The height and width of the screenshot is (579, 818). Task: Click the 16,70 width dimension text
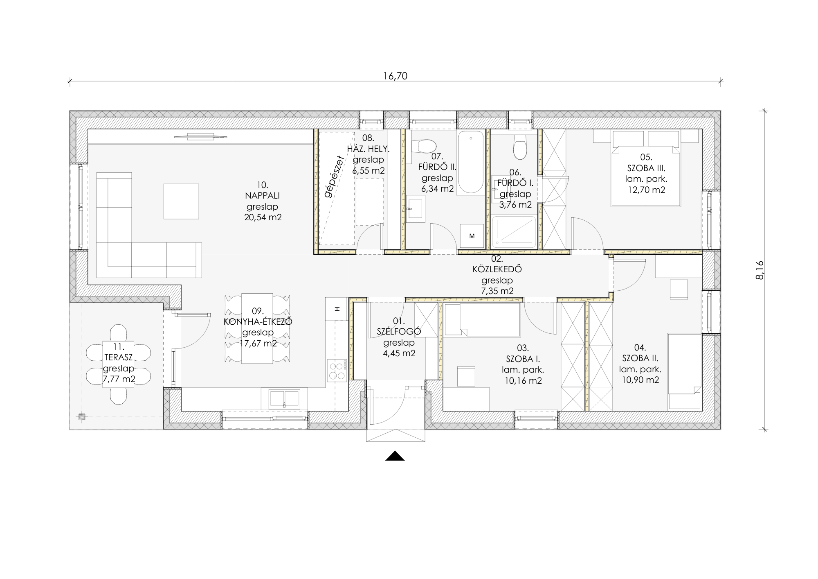[396, 76]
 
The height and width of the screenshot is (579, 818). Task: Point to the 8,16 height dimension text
[760, 270]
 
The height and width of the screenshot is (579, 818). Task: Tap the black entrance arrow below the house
[395, 456]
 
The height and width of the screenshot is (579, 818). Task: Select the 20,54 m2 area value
[263, 217]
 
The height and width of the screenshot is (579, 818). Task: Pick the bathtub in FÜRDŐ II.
[471, 162]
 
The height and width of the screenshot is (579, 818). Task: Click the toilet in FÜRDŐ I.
[520, 147]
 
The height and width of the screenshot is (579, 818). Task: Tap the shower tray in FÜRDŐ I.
[514, 232]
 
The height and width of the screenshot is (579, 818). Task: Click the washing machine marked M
[472, 236]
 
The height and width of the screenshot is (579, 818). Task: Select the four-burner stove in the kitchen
[337, 371]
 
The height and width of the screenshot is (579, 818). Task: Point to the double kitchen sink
[284, 399]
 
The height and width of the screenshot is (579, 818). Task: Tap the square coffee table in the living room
[181, 201]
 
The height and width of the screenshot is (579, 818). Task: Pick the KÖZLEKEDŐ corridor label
[497, 269]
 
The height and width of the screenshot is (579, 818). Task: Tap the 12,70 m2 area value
[646, 190]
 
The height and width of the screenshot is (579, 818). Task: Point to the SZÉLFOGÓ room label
[399, 332]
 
